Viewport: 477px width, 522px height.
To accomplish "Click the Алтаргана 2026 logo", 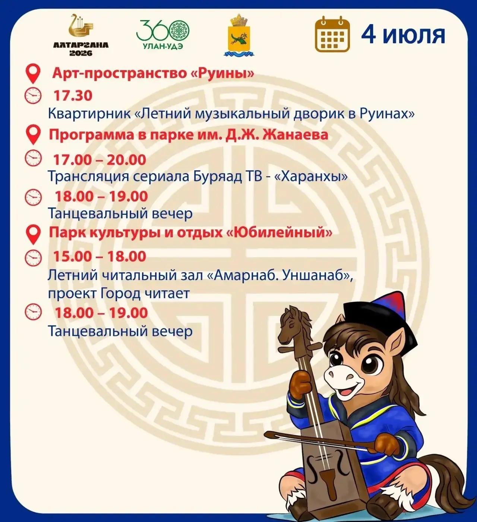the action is click(81, 35).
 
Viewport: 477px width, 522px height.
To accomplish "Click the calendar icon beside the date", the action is click(332, 34).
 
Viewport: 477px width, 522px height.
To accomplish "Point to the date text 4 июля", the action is click(403, 35).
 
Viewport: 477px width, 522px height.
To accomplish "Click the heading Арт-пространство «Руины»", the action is click(153, 74).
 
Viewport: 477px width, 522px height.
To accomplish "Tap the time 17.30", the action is click(73, 95).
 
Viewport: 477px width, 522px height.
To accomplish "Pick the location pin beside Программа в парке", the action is click(34, 134).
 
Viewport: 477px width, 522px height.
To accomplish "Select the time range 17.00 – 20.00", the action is click(99, 159).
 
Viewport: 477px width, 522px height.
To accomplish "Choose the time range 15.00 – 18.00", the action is click(99, 256).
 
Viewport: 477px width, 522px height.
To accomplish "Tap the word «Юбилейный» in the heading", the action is click(280, 233).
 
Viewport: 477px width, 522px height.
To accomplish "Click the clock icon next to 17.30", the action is click(33, 95).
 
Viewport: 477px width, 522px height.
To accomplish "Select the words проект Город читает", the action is click(119, 294).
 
